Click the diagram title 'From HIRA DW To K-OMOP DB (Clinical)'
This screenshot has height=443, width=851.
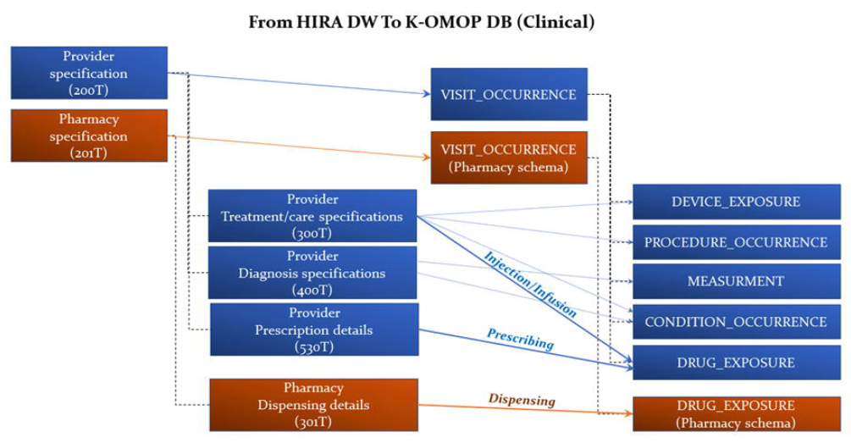click(422, 22)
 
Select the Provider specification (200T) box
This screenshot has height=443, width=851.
click(89, 74)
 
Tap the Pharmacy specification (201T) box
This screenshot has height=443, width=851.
click(89, 136)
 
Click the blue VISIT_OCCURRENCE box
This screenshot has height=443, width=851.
click(508, 95)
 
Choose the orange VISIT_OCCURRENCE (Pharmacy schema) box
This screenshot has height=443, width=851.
click(508, 158)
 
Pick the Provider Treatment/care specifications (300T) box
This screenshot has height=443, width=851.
click(312, 216)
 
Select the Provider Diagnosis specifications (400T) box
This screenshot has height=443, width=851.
click(312, 273)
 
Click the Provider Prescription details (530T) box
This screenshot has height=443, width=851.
click(313, 329)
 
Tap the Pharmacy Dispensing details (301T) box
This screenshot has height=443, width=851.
click(313, 405)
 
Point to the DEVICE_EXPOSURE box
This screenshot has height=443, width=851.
click(735, 202)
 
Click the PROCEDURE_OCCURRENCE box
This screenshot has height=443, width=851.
click(735, 242)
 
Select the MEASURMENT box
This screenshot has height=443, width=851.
click(735, 281)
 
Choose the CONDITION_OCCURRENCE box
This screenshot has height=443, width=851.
click(735, 322)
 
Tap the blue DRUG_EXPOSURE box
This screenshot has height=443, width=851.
click(735, 363)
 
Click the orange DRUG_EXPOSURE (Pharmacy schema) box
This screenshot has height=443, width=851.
click(735, 413)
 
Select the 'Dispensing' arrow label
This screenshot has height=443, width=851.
click(522, 399)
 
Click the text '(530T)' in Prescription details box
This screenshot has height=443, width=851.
click(313, 347)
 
